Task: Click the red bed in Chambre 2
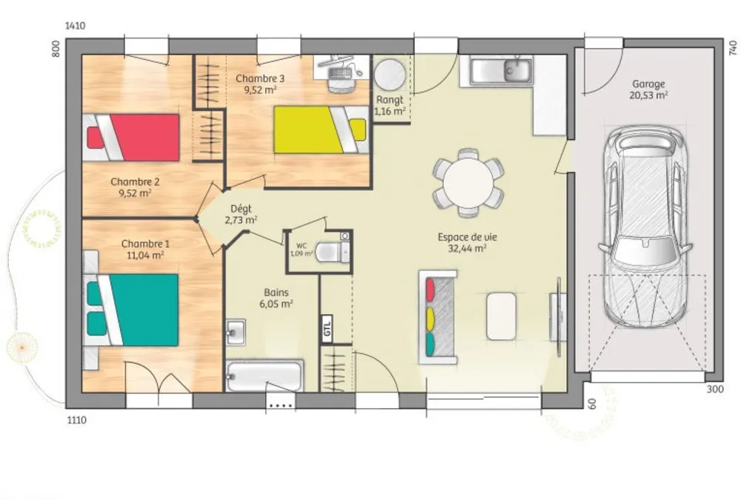coord(131,138)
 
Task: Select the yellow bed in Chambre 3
coord(321,130)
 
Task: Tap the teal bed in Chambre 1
coord(131,310)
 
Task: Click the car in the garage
coord(645,227)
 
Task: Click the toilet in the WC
coord(332,251)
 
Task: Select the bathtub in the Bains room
coord(265,376)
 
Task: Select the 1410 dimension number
coord(75,26)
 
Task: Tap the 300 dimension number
coord(715,389)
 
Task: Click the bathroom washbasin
coord(236,332)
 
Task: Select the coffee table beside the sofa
coord(502,316)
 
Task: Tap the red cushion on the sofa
coord(431,290)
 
